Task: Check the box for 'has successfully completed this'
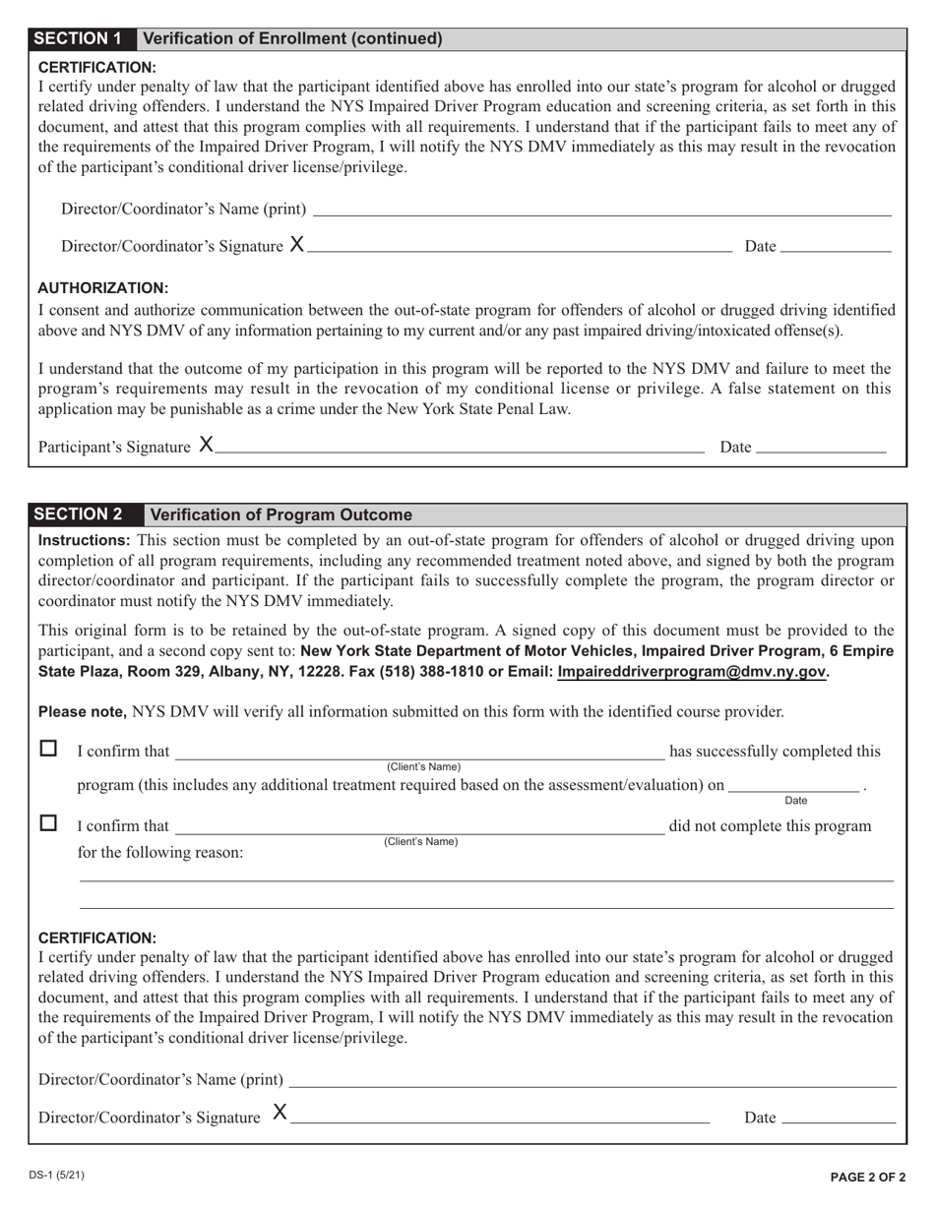point(48,749)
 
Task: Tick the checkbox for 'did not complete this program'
point(48,822)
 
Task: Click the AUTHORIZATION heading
point(102,288)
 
